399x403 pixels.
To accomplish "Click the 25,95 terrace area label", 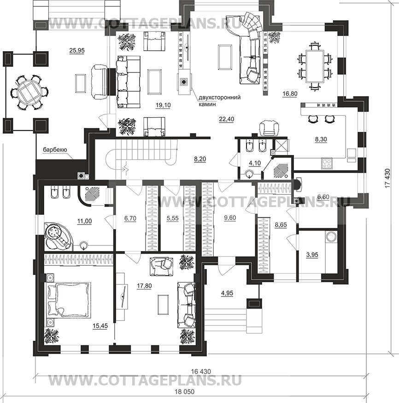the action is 77,51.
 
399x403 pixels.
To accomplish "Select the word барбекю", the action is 55,149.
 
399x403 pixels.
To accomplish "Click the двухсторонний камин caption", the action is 219,101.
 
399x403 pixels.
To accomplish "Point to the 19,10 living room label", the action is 163,105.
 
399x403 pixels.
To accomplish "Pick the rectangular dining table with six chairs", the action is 315,66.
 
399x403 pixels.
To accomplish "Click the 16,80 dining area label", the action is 290,94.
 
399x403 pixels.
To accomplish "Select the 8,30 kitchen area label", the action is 321,139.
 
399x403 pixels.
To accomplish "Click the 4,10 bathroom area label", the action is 255,163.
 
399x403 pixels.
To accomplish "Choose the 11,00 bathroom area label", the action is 84,221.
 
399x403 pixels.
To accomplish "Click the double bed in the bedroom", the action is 68,300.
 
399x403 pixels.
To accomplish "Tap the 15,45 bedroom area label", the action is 100,326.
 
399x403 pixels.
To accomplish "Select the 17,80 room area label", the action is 144,286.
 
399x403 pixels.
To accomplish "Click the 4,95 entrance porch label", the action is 227,293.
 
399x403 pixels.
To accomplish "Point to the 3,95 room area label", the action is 312,255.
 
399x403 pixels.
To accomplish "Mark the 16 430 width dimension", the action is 201,371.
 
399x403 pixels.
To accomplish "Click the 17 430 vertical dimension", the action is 387,178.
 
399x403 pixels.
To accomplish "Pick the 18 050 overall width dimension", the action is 185,391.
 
